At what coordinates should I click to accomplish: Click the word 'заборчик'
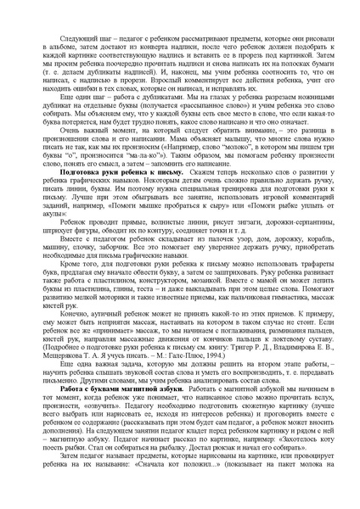115,282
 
